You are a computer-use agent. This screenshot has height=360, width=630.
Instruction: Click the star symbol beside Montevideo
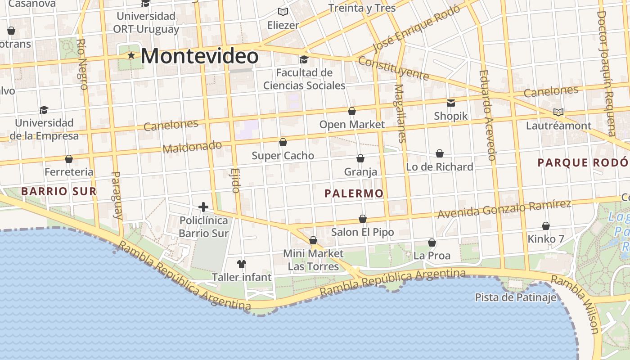pos(131,56)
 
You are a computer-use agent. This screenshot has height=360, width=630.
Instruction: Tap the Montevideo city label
pos(199,56)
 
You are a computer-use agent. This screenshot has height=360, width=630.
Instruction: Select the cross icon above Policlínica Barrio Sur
pos(203,207)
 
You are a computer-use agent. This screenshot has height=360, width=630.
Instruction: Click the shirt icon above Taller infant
pos(242,263)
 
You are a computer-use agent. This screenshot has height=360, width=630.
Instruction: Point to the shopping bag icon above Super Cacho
pos(283,142)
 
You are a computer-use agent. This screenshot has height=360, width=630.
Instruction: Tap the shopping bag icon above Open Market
pos(352,111)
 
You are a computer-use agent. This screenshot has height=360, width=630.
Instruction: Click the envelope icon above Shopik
pos(450,103)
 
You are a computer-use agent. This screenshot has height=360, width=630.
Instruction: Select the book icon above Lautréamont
pos(558,112)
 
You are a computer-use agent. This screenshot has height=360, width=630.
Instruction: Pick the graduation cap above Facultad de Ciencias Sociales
pos(304,59)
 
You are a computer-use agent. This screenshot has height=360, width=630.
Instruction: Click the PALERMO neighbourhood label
pos(354,193)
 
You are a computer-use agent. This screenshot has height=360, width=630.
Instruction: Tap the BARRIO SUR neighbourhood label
pos(59,191)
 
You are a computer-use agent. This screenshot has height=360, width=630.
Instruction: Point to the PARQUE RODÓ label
pos(583,162)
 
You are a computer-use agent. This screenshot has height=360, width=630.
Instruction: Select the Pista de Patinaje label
pos(516,297)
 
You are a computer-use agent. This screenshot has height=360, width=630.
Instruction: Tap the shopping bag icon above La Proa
pos(432,243)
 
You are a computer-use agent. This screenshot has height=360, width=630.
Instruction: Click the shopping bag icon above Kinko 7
pos(546,226)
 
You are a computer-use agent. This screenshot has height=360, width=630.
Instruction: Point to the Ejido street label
pos(235,180)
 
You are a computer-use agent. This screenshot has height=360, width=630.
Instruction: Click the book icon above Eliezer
pos(283,12)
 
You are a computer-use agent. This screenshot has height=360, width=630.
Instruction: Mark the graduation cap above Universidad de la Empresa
pos(44,110)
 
